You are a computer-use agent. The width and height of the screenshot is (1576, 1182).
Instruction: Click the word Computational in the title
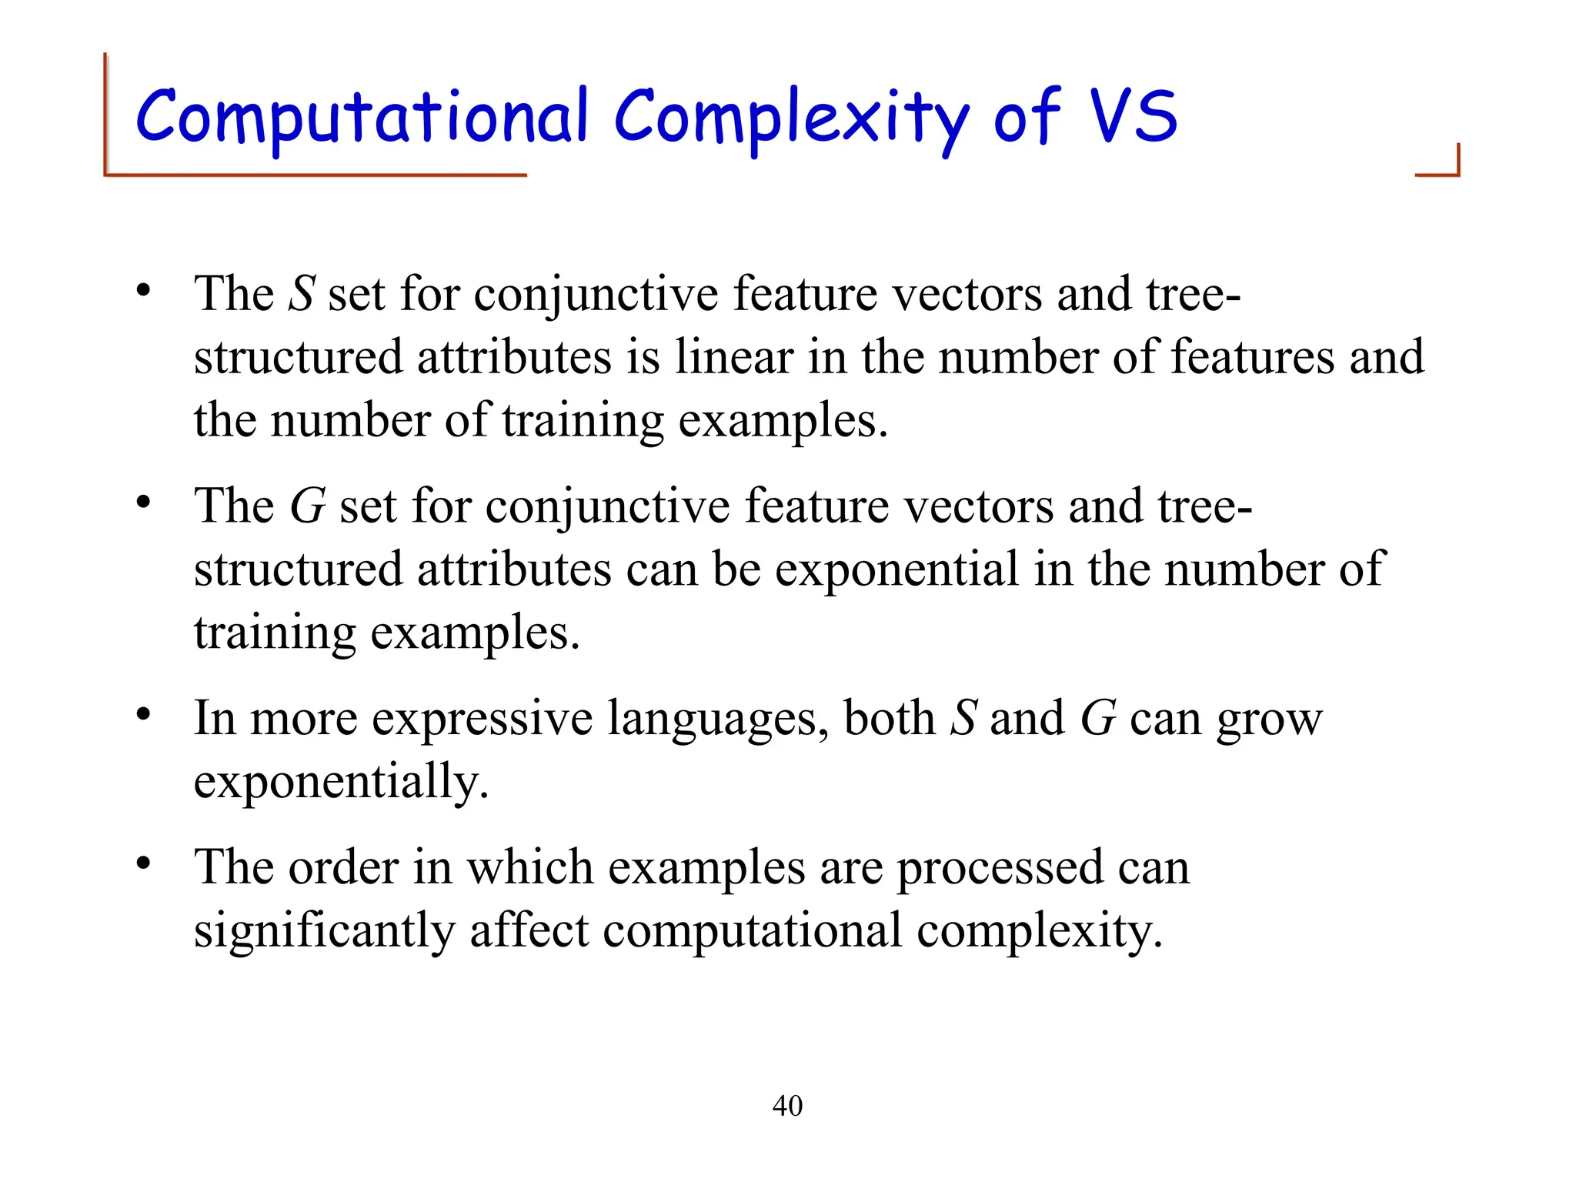(362, 117)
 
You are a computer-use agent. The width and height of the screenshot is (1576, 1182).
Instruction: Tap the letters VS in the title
(1134, 117)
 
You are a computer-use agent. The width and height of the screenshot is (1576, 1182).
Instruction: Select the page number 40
(787, 1106)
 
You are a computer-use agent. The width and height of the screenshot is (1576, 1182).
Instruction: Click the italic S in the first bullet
(302, 293)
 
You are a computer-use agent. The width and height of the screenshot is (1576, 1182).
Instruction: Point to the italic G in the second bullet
(307, 506)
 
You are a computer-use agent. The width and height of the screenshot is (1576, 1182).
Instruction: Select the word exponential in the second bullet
(897, 569)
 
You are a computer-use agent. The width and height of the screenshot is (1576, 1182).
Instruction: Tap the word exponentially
(341, 782)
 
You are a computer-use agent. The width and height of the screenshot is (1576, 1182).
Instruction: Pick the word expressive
(482, 718)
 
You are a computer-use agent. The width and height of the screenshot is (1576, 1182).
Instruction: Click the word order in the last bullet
(343, 867)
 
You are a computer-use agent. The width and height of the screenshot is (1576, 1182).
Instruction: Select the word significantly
(324, 930)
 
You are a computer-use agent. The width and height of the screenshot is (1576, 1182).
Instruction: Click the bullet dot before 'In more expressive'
(143, 715)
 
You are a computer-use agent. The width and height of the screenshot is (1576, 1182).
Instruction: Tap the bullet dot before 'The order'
(143, 863)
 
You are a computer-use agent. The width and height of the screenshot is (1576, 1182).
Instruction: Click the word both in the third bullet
(889, 718)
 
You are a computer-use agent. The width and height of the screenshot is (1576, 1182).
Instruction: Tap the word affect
(529, 930)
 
